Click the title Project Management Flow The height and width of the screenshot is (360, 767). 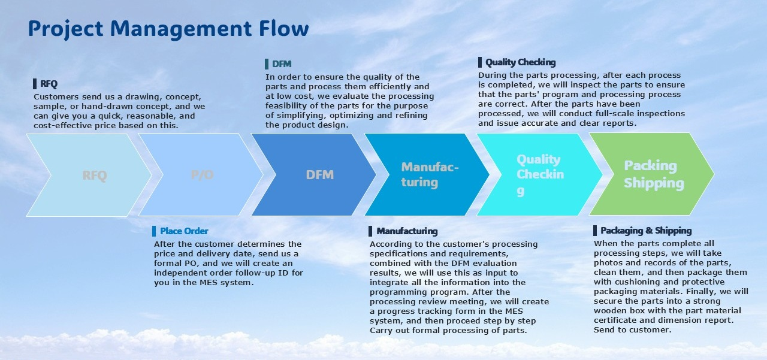[x=168, y=29]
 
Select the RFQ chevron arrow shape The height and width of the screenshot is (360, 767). [x=90, y=175]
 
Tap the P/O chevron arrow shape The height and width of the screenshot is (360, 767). [x=202, y=175]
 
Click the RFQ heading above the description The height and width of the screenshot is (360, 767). [x=49, y=84]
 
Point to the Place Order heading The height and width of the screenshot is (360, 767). [x=184, y=231]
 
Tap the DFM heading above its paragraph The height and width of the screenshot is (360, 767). [x=281, y=64]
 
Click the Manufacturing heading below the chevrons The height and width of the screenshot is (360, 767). [x=407, y=231]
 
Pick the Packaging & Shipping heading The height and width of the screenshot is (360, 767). [x=645, y=231]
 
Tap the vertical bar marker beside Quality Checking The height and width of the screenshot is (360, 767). [x=480, y=62]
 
